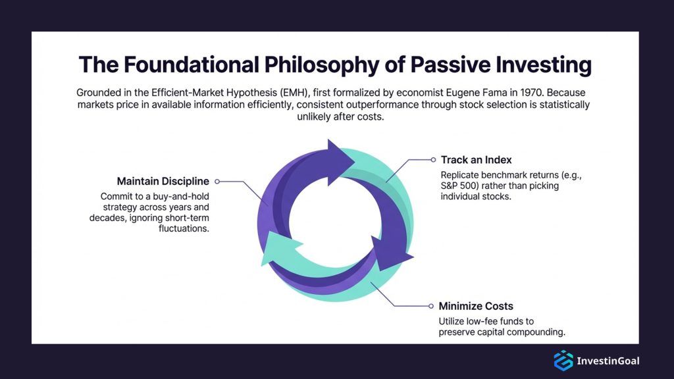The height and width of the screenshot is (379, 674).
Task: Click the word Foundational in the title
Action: (193, 66)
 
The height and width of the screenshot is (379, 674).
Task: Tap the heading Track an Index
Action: (476, 160)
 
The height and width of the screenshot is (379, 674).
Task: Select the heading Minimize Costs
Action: (476, 306)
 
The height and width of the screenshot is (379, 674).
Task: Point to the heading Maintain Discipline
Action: (163, 181)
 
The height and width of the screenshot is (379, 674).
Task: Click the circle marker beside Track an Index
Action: (433, 159)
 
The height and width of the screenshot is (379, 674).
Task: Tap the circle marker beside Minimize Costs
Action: (432, 306)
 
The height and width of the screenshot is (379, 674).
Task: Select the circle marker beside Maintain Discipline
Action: (217, 181)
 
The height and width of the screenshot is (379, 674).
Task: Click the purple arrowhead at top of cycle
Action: (342, 159)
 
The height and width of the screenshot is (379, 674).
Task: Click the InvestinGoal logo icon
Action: (563, 361)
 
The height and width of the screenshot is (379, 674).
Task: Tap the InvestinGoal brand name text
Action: (608, 361)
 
